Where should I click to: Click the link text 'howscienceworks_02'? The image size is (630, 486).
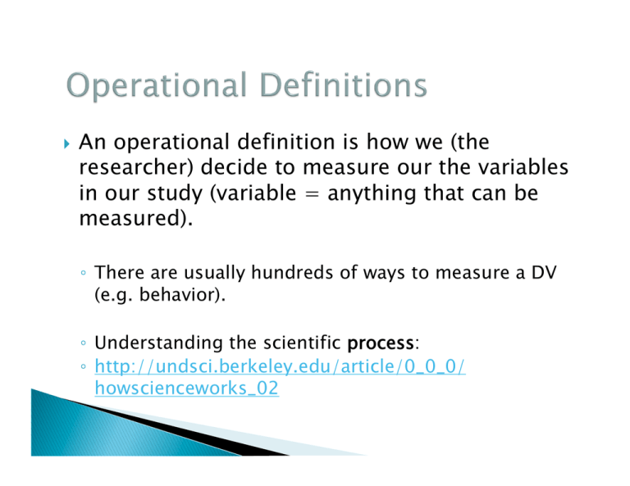click(187, 388)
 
